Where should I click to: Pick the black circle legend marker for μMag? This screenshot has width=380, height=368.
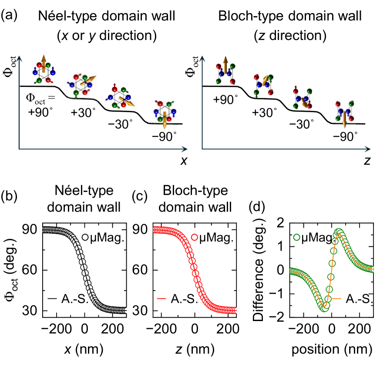click(x=85, y=238)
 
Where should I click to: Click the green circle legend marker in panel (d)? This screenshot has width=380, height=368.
click(x=297, y=237)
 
